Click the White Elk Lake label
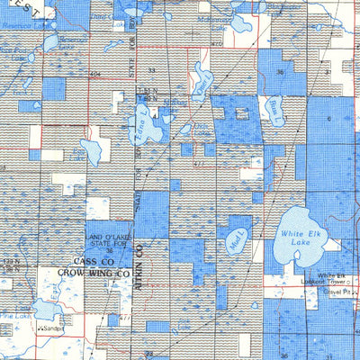[x=301, y=237]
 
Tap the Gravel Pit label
[x=338, y=292]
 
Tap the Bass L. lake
[x=274, y=112]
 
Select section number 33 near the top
[x=152, y=69]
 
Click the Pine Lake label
[x=18, y=318]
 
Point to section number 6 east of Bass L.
[x=328, y=117]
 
